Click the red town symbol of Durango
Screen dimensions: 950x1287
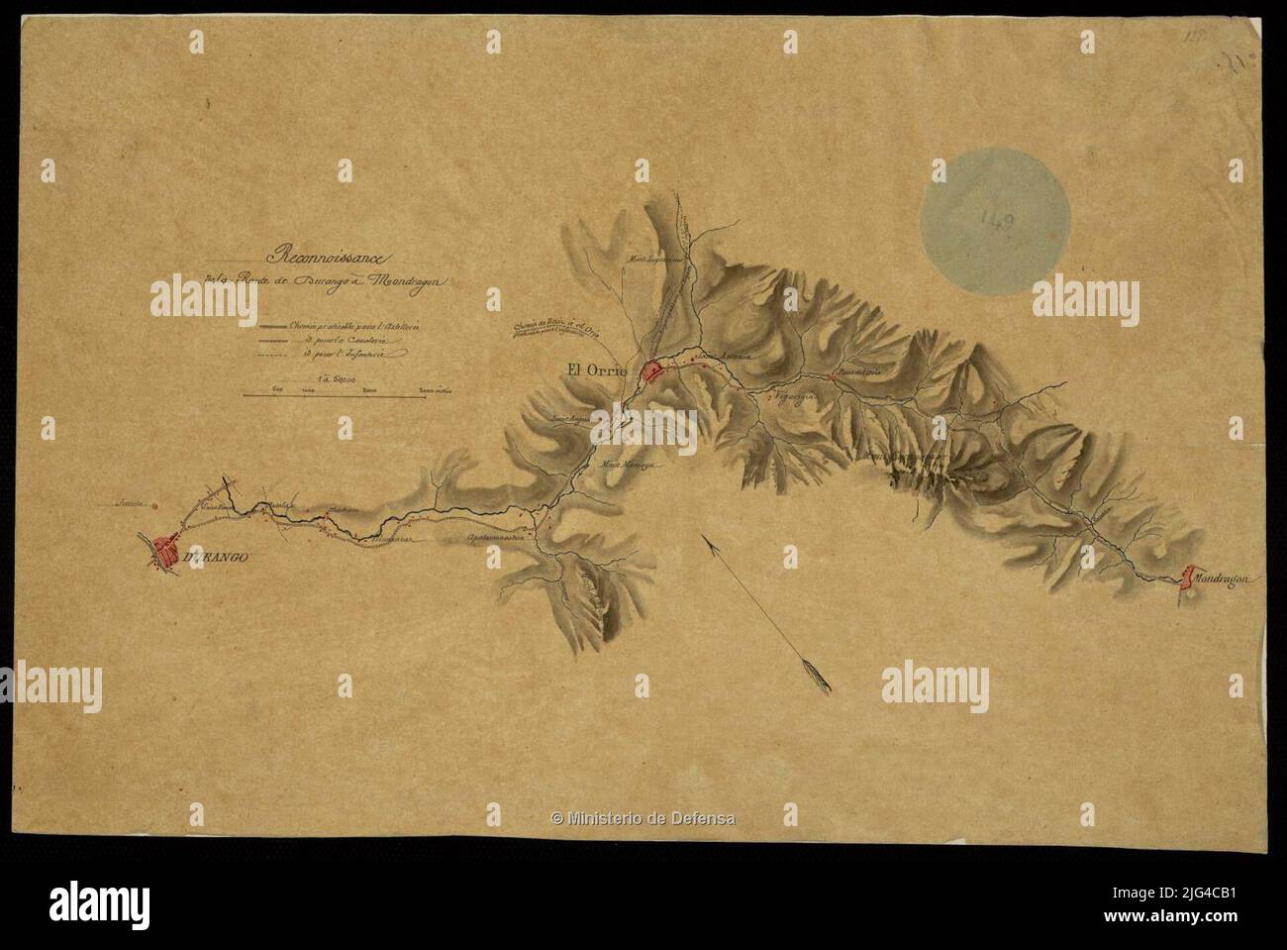[165, 550]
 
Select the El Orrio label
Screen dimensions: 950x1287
[598, 371]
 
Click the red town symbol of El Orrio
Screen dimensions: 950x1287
[653, 372]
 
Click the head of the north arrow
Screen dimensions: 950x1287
[703, 538]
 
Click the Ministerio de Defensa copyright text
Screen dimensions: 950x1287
[643, 817]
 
